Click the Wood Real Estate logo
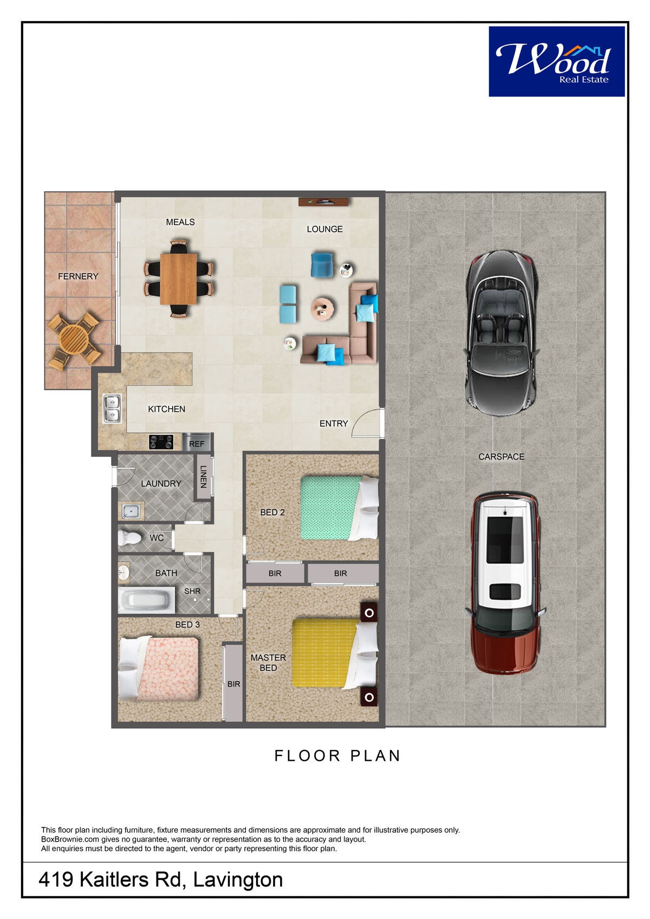556,62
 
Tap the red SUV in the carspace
505,583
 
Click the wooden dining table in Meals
178,279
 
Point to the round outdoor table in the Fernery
74,339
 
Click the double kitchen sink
112,408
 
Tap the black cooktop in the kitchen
161,442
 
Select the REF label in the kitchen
197,444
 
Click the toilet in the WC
129,537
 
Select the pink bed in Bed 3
159,668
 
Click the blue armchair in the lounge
322,264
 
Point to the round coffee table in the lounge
322,308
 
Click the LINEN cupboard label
203,476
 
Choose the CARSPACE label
501,457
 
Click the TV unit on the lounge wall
323,202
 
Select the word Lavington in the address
238,879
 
